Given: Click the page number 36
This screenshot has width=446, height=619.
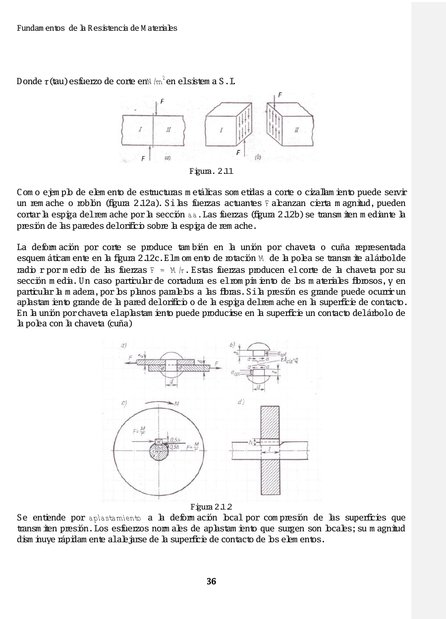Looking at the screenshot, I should [x=212, y=581].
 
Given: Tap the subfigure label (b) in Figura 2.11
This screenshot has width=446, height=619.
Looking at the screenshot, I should [x=258, y=158].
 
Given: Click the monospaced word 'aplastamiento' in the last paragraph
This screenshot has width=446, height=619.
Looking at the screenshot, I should [x=115, y=518].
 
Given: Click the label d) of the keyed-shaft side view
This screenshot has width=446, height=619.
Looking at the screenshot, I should [x=241, y=401].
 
